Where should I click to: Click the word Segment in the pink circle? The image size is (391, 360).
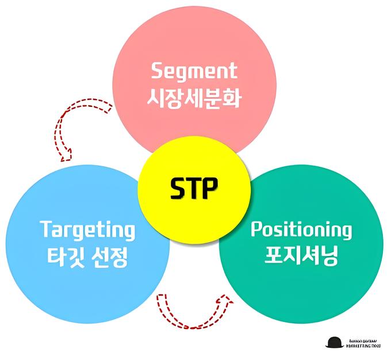[194, 71]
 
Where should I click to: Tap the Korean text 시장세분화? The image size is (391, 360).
[194, 98]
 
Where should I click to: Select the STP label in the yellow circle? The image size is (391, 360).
[194, 189]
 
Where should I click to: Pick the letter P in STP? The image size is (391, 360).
[210, 189]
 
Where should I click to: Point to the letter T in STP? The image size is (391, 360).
[194, 189]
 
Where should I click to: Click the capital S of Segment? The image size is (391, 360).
[157, 71]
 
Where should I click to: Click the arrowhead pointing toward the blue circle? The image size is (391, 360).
[67, 155]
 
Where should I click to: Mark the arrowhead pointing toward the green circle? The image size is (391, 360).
[228, 300]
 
